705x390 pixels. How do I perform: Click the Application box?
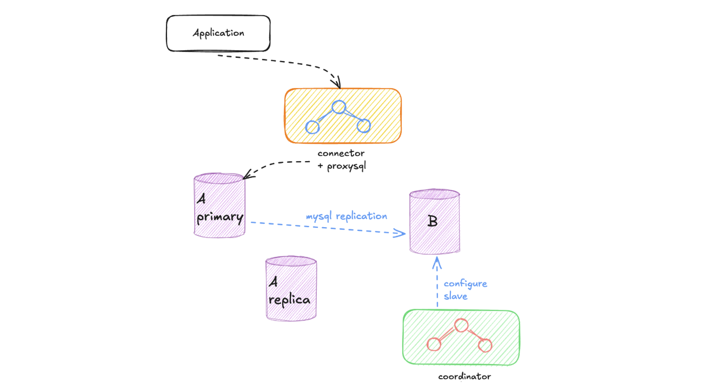[218, 33]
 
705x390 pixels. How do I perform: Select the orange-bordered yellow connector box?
[343, 116]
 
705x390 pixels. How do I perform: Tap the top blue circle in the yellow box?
[339, 107]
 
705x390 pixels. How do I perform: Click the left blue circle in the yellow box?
[312, 127]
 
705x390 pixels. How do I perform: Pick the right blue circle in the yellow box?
[363, 125]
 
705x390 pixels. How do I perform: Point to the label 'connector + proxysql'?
[341, 160]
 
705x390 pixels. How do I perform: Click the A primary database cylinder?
[220, 206]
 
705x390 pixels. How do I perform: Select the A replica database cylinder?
[291, 288]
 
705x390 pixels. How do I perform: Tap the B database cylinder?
[434, 221]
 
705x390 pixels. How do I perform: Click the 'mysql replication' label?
[347, 216]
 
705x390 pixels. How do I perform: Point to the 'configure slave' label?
[465, 289]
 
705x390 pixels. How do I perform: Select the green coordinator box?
[461, 337]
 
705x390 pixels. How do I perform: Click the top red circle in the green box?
[461, 325]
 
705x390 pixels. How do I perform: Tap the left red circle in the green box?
[434, 344]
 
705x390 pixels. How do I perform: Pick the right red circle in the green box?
[485, 344]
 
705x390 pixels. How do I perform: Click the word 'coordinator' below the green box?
[464, 376]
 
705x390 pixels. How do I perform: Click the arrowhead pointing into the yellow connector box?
[338, 84]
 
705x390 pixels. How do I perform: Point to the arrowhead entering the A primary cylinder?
[247, 175]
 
